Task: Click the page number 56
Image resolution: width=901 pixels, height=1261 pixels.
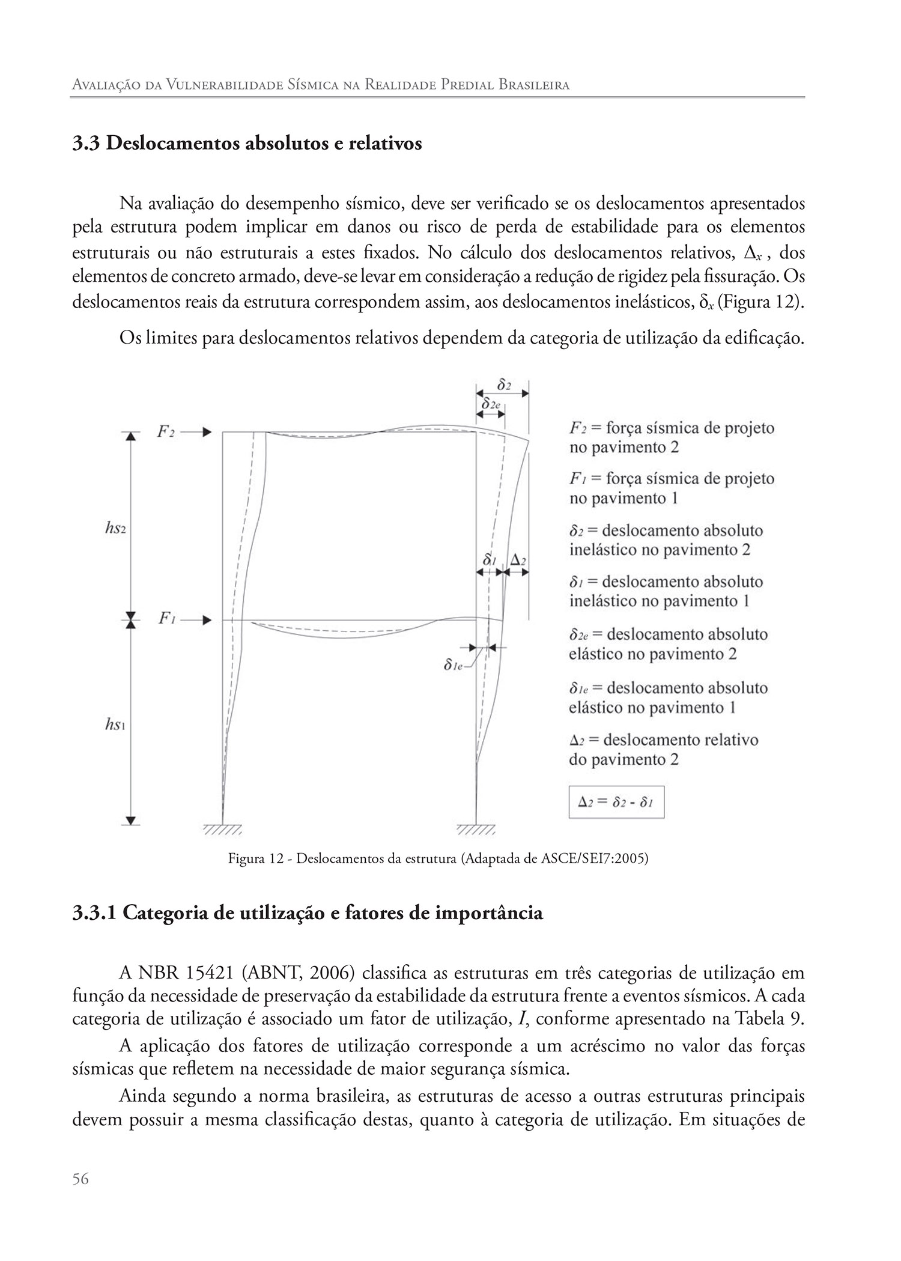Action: [80, 1179]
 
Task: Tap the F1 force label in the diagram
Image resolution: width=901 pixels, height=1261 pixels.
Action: [166, 619]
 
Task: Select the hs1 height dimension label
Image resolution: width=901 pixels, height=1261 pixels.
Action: [115, 725]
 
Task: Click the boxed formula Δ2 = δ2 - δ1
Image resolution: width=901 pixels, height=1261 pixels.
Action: [616, 802]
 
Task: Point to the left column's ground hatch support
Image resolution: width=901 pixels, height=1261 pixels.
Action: [223, 830]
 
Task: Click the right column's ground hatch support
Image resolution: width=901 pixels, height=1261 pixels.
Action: [476, 830]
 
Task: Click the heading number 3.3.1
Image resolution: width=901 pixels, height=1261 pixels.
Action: [94, 913]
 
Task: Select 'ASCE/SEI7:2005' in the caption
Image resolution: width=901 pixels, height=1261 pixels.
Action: [592, 858]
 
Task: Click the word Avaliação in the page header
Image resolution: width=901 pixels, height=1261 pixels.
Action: [102, 85]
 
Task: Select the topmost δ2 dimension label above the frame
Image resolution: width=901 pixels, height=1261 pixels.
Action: [504, 384]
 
